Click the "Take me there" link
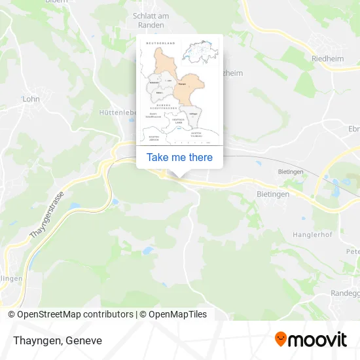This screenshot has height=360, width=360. [179, 157]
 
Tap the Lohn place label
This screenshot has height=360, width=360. [31, 99]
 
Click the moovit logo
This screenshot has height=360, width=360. [310, 339]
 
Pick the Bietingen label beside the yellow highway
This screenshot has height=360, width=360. [274, 194]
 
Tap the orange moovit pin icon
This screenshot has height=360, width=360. [281, 339]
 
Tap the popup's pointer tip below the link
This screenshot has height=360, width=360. [179, 175]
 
